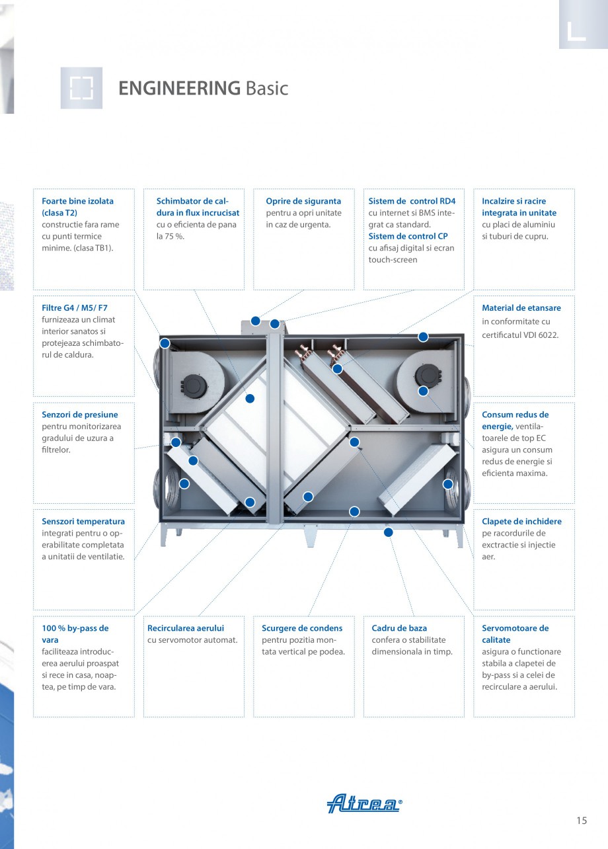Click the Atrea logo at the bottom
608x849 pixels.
pos(364,803)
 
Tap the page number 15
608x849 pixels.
pos(581,821)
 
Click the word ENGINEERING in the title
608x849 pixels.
pos(179,88)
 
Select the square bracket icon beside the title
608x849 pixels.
pos(81,88)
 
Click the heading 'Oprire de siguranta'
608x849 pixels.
pos(303,201)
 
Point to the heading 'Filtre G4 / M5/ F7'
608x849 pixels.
pos(75,308)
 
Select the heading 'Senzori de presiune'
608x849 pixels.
pos(80,415)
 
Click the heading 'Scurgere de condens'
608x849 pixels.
pos(302,628)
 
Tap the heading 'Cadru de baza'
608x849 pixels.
pos(399,628)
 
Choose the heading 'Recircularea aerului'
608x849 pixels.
pos(186,628)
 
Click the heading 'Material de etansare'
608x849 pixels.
pos(521,308)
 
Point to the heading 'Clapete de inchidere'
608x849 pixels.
pos(521,522)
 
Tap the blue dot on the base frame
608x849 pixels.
pos(388,532)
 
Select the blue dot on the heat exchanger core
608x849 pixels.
pos(250,399)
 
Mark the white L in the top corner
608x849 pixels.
pos(576,31)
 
